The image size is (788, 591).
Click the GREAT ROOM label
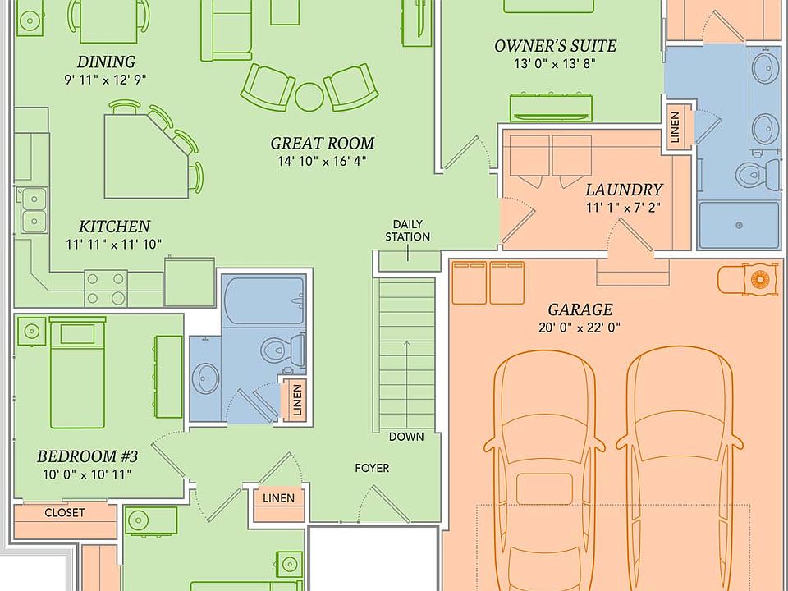tap(322, 143)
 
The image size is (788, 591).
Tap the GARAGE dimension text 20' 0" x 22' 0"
tap(580, 328)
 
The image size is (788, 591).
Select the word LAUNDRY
tap(624, 190)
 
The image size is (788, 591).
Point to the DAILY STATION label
tap(408, 230)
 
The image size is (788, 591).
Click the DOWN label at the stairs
tap(406, 437)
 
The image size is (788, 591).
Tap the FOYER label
tap(372, 469)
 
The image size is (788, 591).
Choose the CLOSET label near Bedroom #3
tap(65, 512)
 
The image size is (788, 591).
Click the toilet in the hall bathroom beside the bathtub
tap(282, 348)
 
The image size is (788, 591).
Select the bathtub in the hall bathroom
tap(264, 300)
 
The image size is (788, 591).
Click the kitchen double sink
tap(34, 210)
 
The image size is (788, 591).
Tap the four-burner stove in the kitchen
tap(106, 287)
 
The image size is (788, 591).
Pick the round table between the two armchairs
tap(309, 97)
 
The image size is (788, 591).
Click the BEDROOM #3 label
tap(87, 456)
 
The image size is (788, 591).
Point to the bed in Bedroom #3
tap(78, 373)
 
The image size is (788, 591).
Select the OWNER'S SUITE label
tap(556, 46)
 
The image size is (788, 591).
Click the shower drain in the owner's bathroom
tap(739, 225)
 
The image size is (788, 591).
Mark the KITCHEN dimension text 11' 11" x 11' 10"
tap(113, 245)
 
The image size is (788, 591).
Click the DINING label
tap(106, 62)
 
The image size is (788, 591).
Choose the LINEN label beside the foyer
tap(279, 498)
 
